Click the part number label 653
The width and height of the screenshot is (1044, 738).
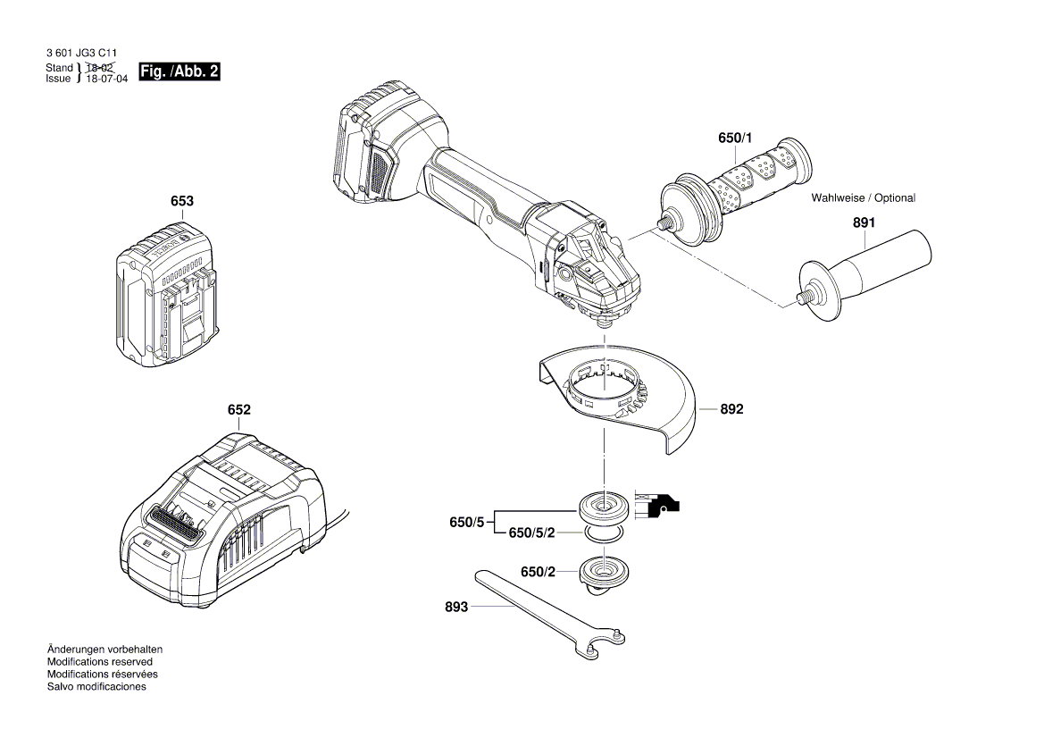(181, 201)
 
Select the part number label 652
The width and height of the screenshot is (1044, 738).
(238, 410)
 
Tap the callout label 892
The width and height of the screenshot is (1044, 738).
(731, 409)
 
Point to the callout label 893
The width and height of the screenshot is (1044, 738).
(456, 607)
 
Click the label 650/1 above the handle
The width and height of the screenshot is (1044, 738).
(735, 138)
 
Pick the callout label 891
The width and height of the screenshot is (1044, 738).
(864, 225)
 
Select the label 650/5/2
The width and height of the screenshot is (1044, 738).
(531, 533)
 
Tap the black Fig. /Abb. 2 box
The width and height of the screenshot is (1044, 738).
(179, 71)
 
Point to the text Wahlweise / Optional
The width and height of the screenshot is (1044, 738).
(863, 197)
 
